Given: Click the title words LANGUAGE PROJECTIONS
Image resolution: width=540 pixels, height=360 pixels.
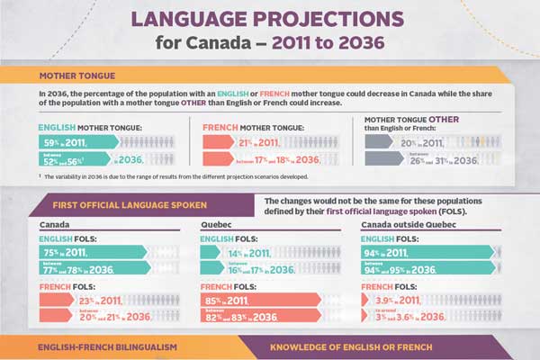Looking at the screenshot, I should (270, 19).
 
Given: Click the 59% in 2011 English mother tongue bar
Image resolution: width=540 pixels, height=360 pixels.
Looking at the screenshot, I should (76, 141).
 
